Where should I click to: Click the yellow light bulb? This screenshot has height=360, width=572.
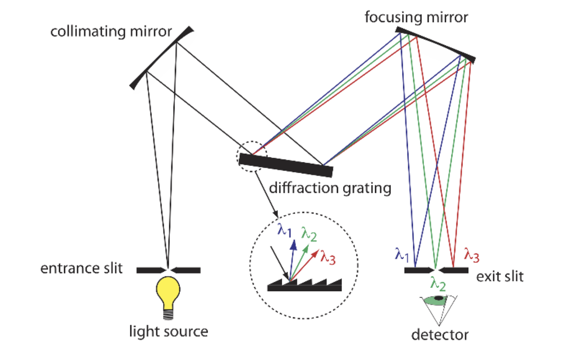point(168,290)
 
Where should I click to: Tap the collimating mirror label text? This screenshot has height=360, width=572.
point(111,31)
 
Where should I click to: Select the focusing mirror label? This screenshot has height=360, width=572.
point(416,17)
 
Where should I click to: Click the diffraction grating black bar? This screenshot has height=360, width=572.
point(286,165)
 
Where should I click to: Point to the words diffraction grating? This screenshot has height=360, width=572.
point(330,188)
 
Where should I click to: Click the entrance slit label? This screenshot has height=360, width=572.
point(81,268)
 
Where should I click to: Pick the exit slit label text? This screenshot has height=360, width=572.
point(500,276)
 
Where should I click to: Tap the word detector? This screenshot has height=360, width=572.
point(440,335)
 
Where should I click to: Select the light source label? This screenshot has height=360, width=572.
point(168,331)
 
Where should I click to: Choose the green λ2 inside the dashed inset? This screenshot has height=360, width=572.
point(309,234)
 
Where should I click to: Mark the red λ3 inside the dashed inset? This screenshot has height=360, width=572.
point(328,257)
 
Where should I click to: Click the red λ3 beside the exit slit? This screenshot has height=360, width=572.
point(471,255)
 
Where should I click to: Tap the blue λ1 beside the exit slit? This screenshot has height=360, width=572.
point(402,255)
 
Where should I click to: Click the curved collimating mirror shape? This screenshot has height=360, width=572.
point(161,58)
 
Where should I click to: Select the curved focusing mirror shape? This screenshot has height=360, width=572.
point(436,44)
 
